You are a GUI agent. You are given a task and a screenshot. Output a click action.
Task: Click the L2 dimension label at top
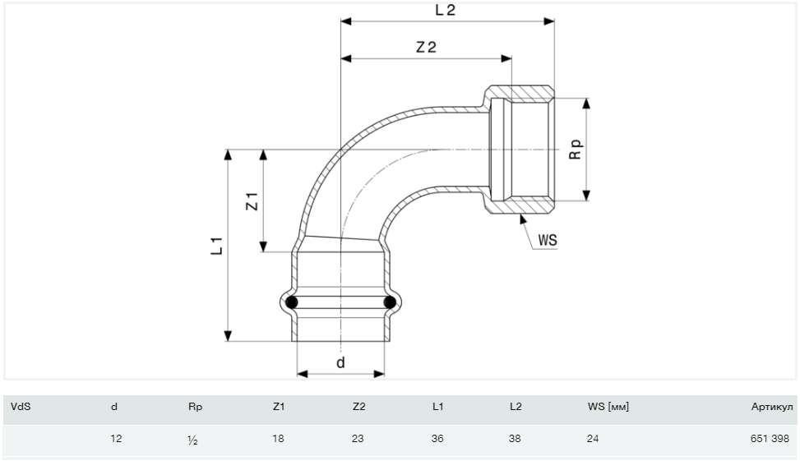click(x=444, y=11)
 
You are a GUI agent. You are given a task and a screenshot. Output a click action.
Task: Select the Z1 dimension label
click(x=253, y=201)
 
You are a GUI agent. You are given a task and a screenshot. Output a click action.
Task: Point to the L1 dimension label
click(x=216, y=245)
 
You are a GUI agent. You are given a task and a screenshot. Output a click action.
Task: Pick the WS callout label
click(x=548, y=241)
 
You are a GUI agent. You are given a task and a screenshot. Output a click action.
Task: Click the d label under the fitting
click(x=340, y=362)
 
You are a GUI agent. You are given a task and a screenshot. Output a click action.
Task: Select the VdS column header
click(x=21, y=406)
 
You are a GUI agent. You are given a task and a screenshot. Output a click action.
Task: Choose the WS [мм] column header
click(x=608, y=406)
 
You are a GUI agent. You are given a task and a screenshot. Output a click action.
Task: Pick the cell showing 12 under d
click(x=116, y=440)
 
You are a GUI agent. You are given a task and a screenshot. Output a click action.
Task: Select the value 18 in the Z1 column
click(x=278, y=440)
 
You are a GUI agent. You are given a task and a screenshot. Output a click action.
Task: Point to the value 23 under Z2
click(x=358, y=440)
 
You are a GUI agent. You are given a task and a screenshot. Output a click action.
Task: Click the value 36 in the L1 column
click(x=437, y=440)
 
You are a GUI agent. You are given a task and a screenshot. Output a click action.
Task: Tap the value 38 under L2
click(x=515, y=440)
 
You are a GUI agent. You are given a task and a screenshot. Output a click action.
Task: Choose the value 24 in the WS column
click(x=592, y=440)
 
